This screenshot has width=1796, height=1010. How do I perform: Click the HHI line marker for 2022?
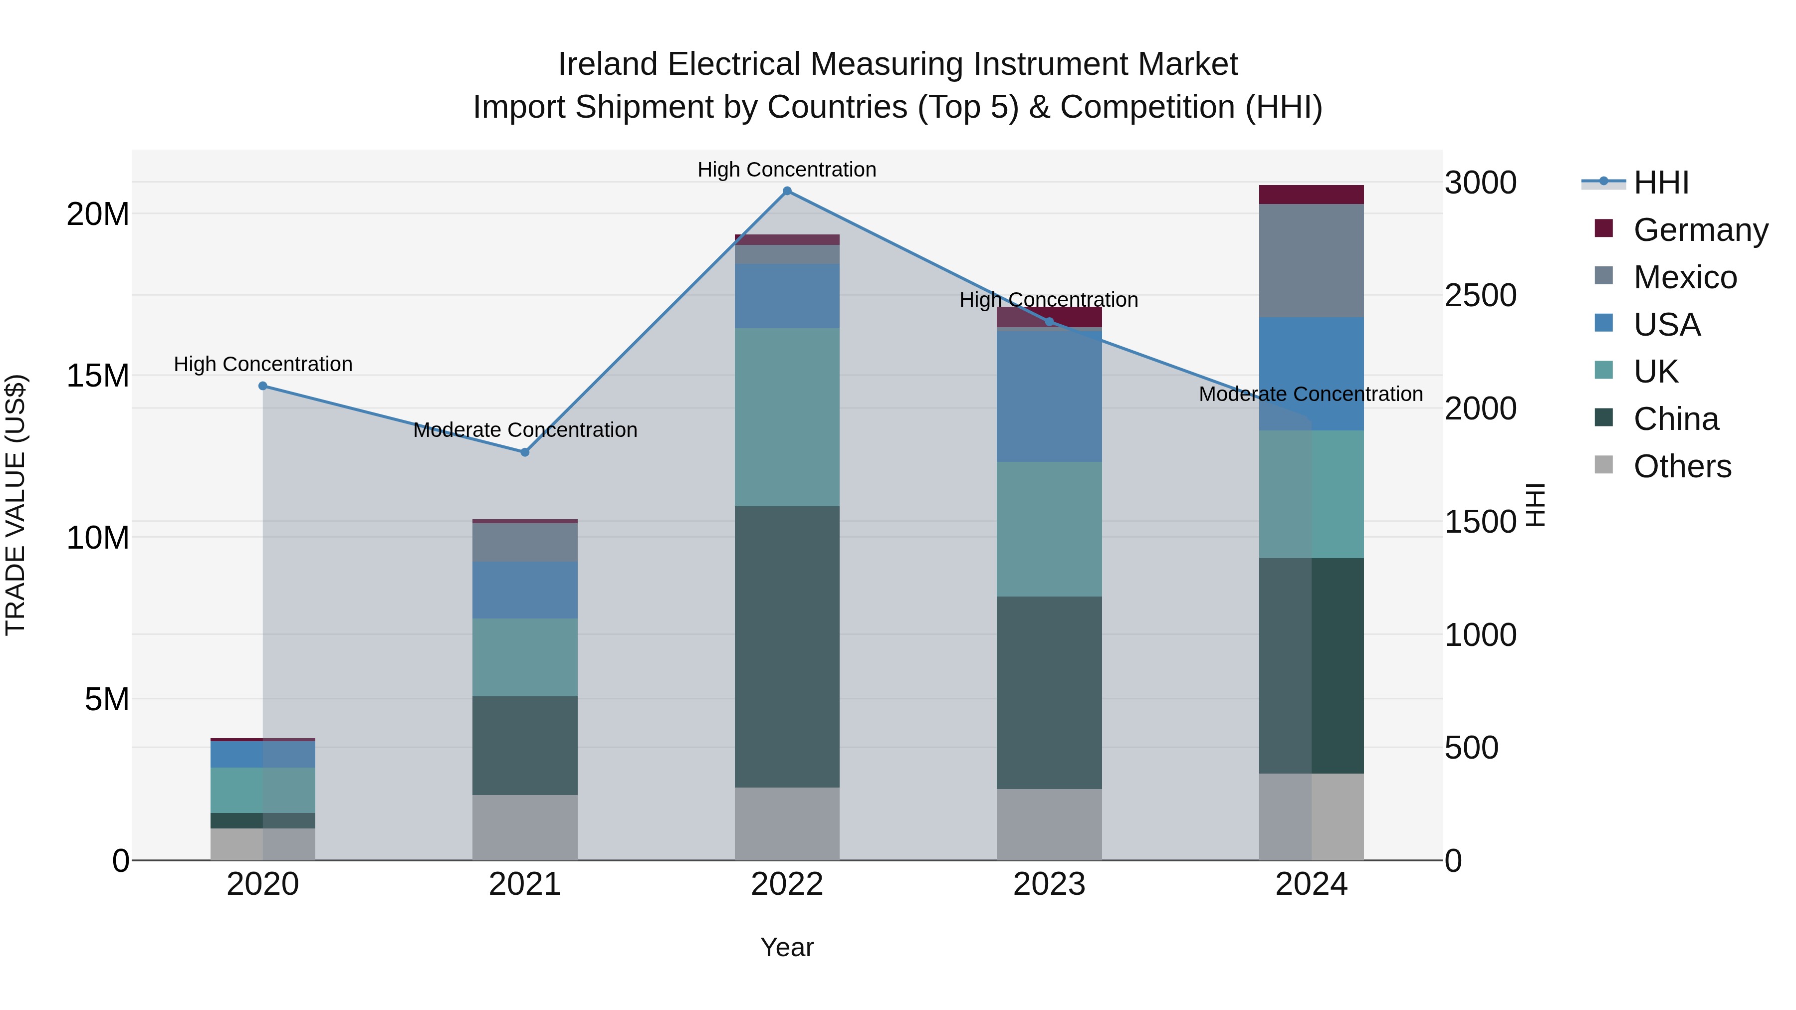[x=787, y=191]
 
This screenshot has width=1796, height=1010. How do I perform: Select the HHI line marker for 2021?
[x=525, y=452]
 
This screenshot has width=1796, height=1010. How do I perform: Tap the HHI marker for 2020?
[x=263, y=386]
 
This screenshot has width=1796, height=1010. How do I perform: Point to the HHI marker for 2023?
[x=1049, y=321]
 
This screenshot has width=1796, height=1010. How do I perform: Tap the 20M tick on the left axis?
[x=98, y=214]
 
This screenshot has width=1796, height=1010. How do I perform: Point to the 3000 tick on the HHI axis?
[x=1480, y=183]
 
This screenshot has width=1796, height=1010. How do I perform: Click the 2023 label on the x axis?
[x=1049, y=884]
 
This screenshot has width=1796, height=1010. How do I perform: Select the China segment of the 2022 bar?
[x=787, y=647]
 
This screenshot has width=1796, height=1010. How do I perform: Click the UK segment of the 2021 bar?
[x=525, y=657]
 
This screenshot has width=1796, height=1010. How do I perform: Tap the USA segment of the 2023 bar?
[x=1049, y=395]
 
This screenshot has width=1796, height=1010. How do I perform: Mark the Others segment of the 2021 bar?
[x=525, y=827]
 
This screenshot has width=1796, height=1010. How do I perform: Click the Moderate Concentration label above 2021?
[x=525, y=430]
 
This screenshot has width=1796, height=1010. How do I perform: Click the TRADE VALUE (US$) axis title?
[x=15, y=505]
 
